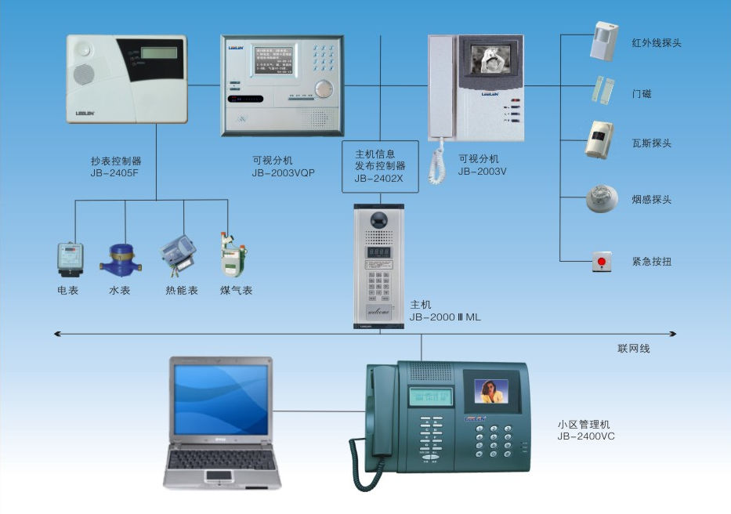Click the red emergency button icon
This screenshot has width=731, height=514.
click(x=602, y=262)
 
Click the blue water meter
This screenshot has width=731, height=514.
click(x=121, y=258)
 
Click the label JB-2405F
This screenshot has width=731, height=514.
click(x=116, y=173)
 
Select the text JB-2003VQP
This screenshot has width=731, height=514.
click(x=284, y=173)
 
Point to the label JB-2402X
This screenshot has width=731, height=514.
click(x=379, y=179)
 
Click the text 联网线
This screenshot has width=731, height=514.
click(x=634, y=349)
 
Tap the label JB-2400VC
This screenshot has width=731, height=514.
click(x=586, y=436)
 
